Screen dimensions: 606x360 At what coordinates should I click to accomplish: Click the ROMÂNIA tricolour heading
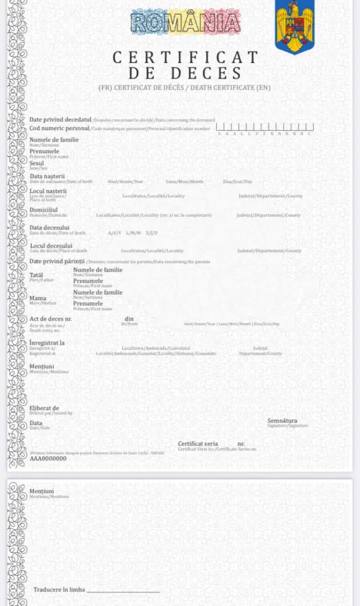(186, 22)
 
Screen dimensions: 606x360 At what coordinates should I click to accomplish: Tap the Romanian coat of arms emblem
(294, 26)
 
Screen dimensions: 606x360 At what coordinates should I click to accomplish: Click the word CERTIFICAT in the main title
(186, 57)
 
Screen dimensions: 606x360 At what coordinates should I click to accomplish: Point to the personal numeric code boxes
(265, 127)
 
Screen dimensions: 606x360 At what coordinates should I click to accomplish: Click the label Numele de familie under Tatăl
(98, 270)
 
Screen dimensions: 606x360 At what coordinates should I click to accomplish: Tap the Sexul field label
(36, 163)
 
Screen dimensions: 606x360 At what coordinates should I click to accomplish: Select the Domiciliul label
(44, 209)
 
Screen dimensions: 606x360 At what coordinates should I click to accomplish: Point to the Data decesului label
(49, 227)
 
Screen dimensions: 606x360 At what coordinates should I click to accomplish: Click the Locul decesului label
(51, 246)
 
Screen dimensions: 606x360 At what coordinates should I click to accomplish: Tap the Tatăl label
(36, 275)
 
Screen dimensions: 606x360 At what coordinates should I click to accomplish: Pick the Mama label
(38, 298)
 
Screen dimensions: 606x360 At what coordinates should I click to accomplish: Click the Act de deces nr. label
(50, 319)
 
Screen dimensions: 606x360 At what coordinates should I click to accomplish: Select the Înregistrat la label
(47, 342)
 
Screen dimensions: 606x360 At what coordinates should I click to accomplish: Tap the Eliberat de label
(44, 408)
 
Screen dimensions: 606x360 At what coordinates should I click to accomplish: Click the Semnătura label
(282, 420)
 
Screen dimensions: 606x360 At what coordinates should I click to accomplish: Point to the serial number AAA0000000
(48, 458)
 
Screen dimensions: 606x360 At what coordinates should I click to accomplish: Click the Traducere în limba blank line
(123, 590)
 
